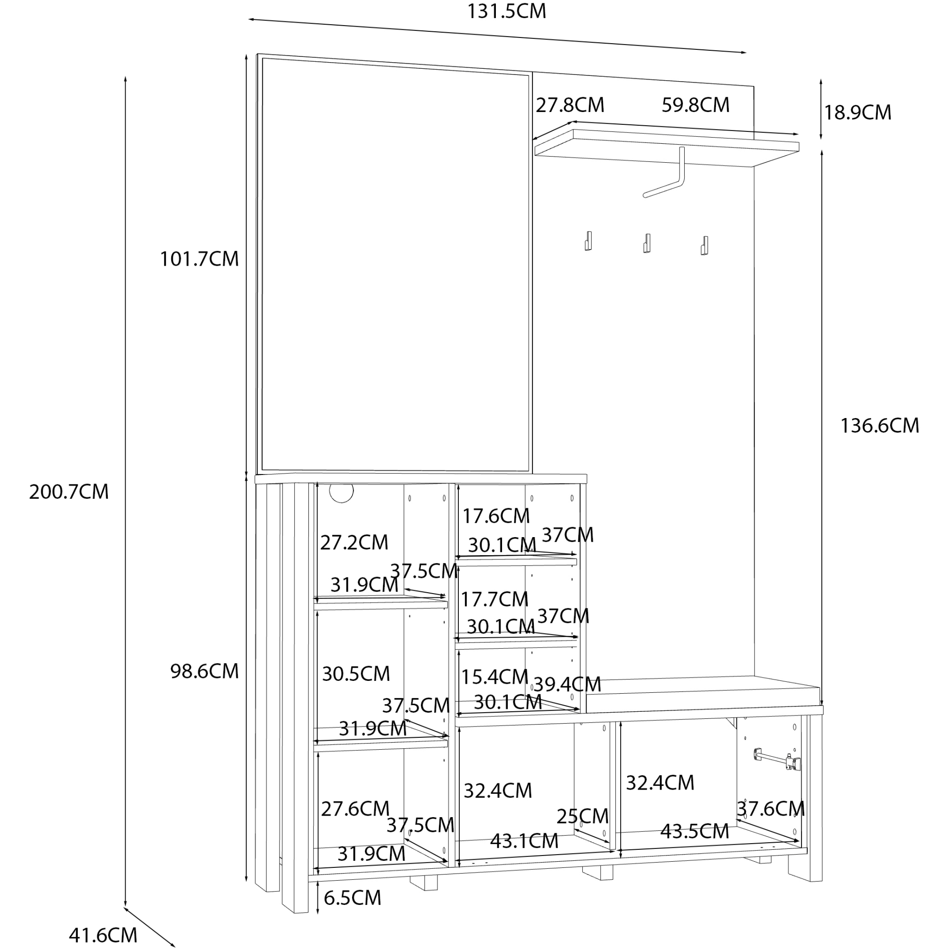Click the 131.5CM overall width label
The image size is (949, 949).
pyautogui.click(x=506, y=11)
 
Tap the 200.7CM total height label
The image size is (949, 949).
pyautogui.click(x=69, y=492)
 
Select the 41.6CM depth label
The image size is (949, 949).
pyautogui.click(x=102, y=935)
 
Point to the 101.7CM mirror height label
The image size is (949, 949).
pyautogui.click(x=199, y=259)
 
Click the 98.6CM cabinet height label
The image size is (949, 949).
pyautogui.click(x=205, y=671)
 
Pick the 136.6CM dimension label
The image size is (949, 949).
pyautogui.click(x=879, y=425)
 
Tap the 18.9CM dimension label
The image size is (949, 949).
pyautogui.click(x=857, y=112)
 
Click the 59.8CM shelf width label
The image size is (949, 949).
pyautogui.click(x=695, y=105)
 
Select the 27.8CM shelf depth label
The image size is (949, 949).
pyautogui.click(x=569, y=105)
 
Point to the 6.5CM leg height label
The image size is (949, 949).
pyautogui.click(x=352, y=898)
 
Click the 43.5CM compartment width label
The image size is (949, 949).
pyautogui.click(x=694, y=831)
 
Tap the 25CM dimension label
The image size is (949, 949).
pyautogui.click(x=582, y=816)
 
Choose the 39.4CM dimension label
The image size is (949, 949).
pyautogui.click(x=567, y=684)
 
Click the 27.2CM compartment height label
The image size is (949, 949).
pyautogui.click(x=354, y=542)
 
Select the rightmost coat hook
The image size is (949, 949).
pyautogui.click(x=704, y=245)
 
